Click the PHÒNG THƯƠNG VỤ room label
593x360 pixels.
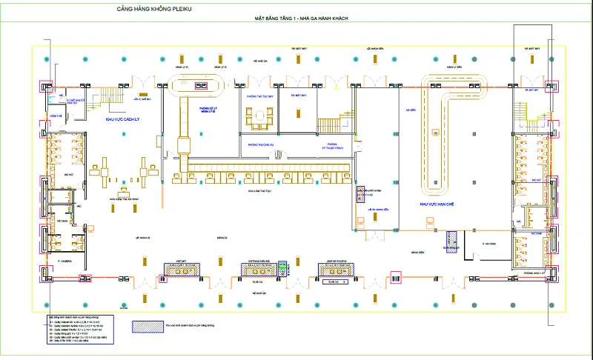click(261, 145)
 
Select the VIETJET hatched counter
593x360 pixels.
click(180, 271)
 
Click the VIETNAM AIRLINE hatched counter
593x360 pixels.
click(259, 271)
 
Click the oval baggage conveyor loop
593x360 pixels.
click(200, 84)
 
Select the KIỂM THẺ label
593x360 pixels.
click(54, 116)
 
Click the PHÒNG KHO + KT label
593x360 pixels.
click(534, 273)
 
